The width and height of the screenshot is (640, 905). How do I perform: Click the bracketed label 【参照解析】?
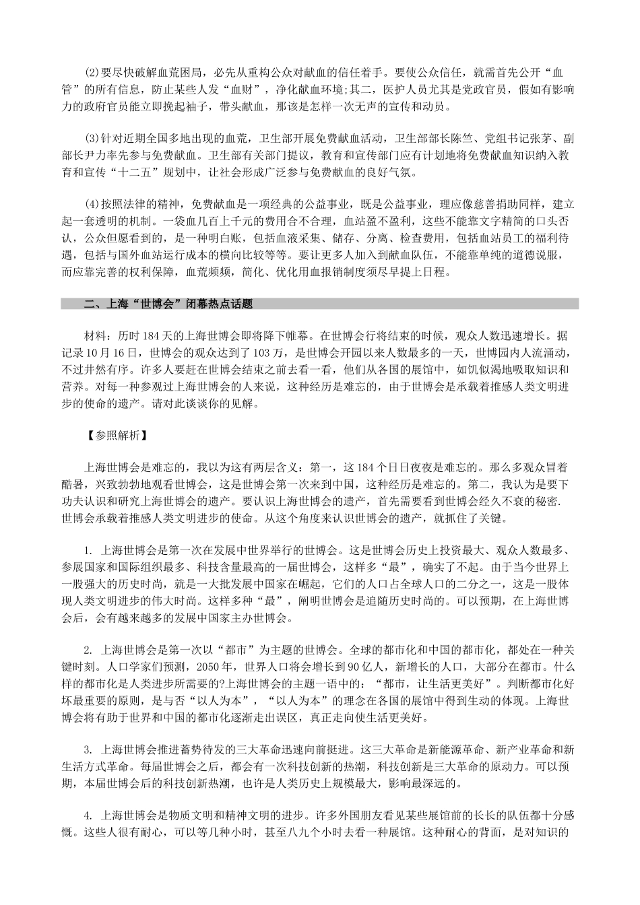point(112,435)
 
